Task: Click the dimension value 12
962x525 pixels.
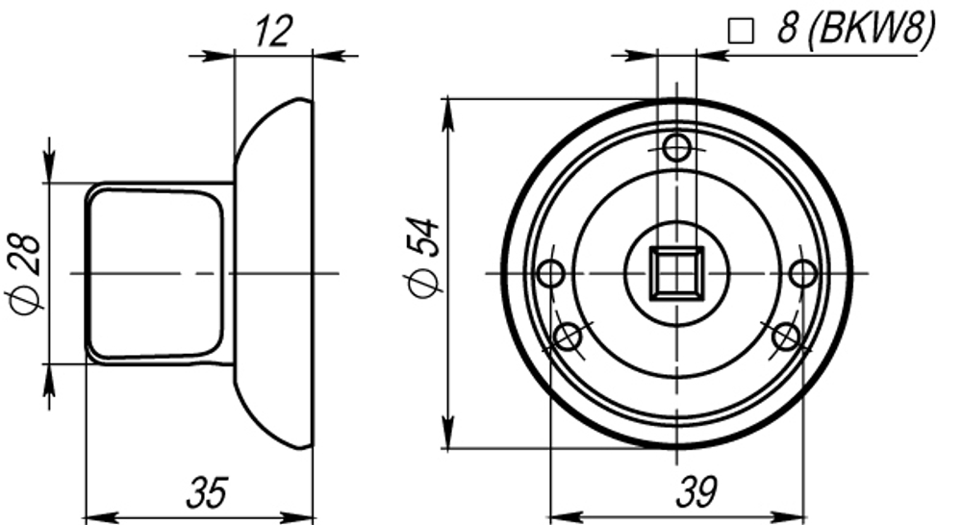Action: [x=274, y=33]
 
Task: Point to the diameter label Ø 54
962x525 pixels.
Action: [x=424, y=258]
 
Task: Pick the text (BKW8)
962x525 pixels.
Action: [x=871, y=30]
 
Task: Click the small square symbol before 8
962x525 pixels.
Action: [x=740, y=32]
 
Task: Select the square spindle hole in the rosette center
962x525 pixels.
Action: [x=676, y=273]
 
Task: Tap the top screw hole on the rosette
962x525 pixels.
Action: [x=677, y=148]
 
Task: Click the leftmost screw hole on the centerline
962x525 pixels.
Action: [x=551, y=274]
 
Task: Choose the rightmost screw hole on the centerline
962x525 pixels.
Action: [x=803, y=274]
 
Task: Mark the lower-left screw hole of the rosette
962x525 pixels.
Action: [x=568, y=337]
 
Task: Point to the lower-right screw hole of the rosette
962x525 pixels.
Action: [x=787, y=337]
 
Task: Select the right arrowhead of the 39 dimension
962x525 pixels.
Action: [x=795, y=516]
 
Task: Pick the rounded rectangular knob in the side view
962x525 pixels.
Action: [x=156, y=274]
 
